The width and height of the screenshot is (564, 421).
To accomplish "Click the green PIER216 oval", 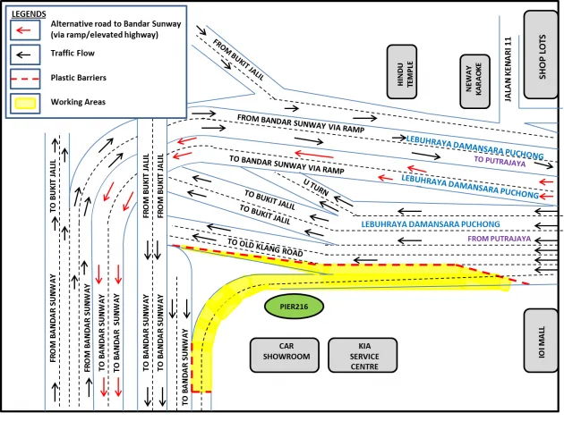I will pyautogui.click(x=294, y=307).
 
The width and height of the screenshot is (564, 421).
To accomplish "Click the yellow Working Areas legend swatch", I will pyautogui.click(x=26, y=102).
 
